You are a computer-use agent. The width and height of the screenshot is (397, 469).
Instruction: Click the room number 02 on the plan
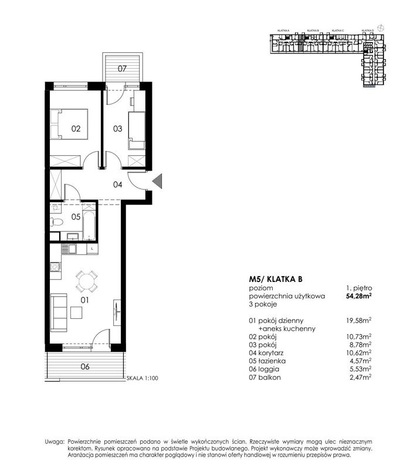click(x=76, y=129)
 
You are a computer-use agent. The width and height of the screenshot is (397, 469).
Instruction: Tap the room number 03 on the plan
click(x=117, y=129)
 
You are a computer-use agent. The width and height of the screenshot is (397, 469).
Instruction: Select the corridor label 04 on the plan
click(x=117, y=185)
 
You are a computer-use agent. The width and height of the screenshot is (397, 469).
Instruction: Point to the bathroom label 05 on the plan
click(x=75, y=216)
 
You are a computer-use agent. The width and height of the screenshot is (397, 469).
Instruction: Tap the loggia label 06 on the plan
click(x=84, y=367)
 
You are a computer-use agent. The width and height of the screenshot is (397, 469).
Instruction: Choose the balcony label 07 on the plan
click(x=122, y=69)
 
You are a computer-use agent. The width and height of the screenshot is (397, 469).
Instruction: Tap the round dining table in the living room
click(x=86, y=281)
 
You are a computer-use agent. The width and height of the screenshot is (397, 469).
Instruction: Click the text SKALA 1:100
click(x=143, y=379)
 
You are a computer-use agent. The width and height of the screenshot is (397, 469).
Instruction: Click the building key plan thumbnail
click(x=325, y=56)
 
